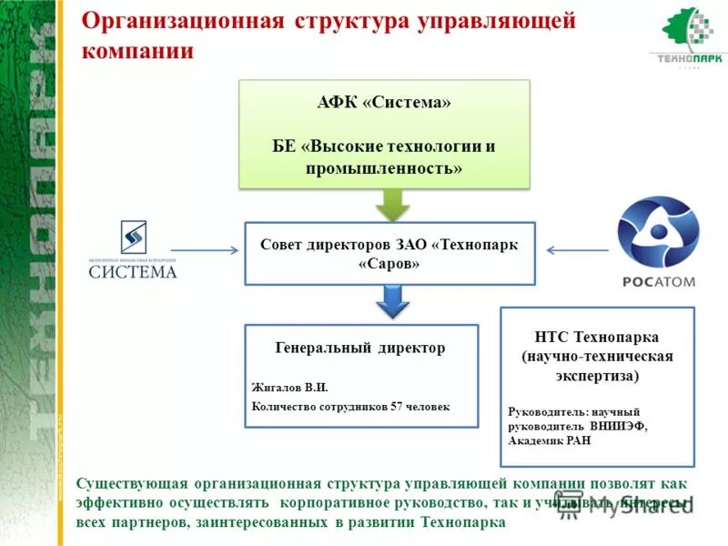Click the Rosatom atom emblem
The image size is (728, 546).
tap(658, 234)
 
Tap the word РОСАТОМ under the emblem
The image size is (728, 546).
tap(658, 281)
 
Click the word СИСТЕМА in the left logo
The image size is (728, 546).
tap(133, 271)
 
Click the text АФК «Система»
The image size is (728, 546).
tap(384, 103)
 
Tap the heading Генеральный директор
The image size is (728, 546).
tap(360, 348)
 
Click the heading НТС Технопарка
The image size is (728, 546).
tap(597, 337)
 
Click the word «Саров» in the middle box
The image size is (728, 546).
tap(389, 264)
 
